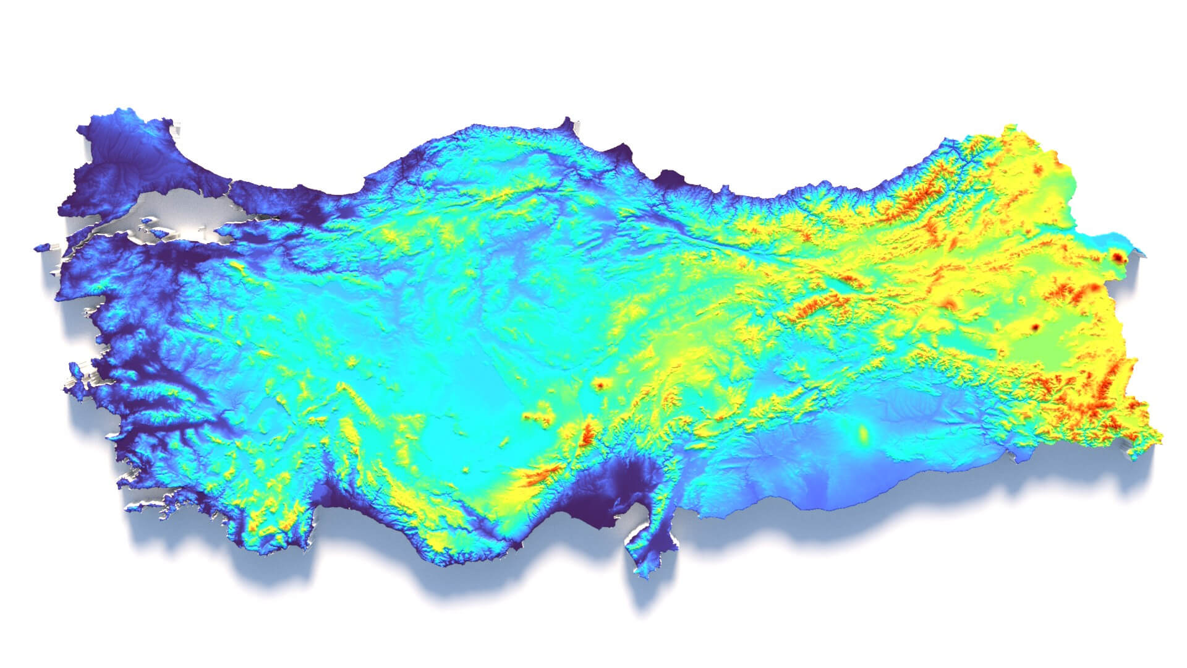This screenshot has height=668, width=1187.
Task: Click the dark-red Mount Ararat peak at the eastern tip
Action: click(x=1117, y=257)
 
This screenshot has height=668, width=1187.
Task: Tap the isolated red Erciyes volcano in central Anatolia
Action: click(x=599, y=385)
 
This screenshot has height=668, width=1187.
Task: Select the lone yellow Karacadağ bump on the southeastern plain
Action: click(x=862, y=434)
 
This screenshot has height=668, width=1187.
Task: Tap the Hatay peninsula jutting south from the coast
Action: click(x=646, y=544)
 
